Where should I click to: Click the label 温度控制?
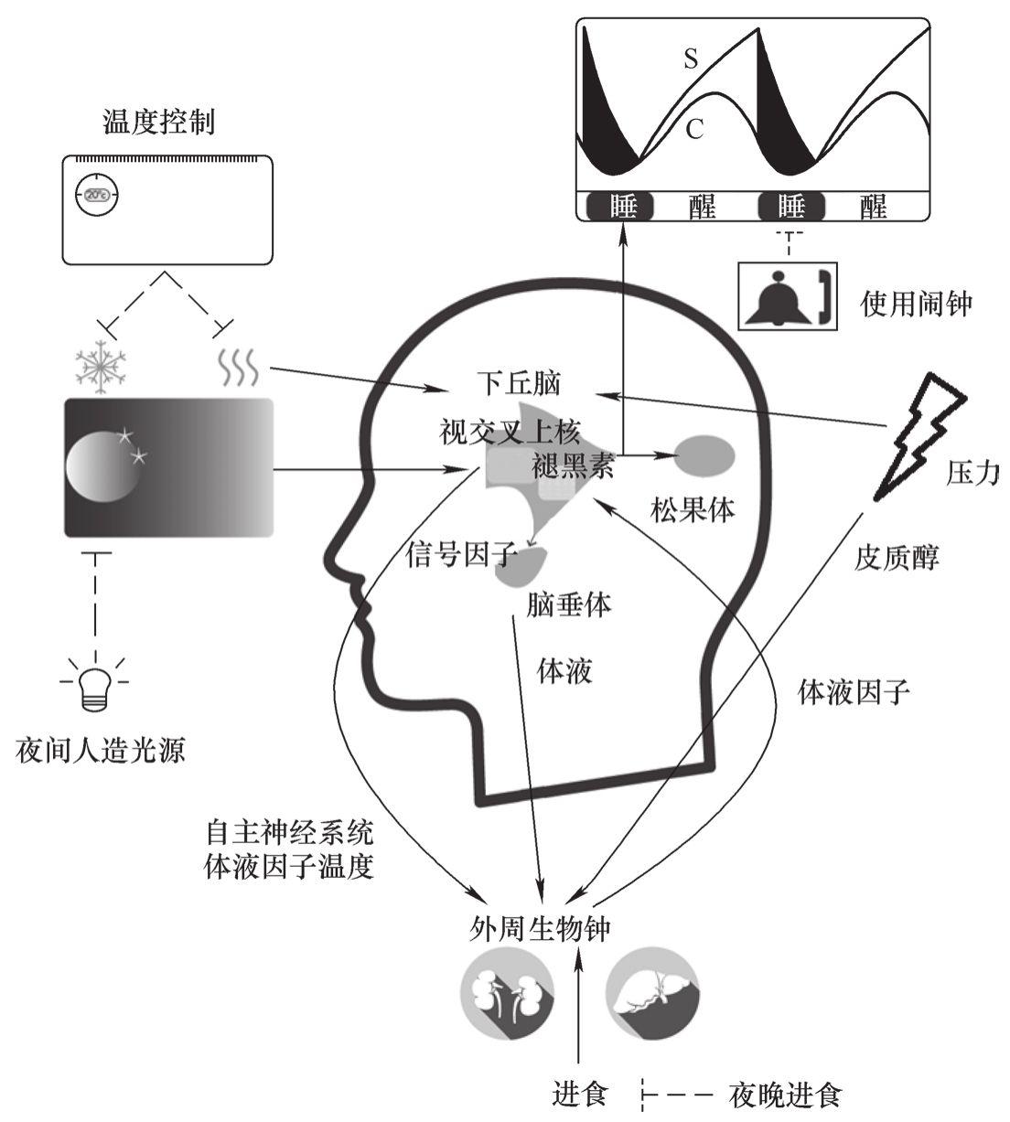[x=159, y=123]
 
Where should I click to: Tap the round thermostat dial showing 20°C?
[x=96, y=194]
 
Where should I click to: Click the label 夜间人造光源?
[x=101, y=752]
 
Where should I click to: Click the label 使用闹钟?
[x=916, y=304]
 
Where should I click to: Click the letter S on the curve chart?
[x=692, y=60]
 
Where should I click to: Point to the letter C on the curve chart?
[x=694, y=129]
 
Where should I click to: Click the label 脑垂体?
[x=569, y=605]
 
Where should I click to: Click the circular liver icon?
[x=653, y=997]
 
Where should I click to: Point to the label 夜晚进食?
[x=784, y=1095]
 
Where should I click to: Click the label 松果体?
[x=693, y=509]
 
